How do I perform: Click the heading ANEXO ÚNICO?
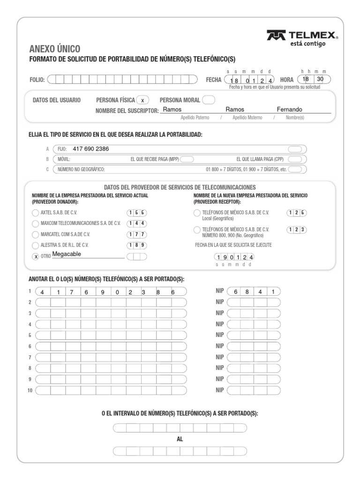(x=54, y=49)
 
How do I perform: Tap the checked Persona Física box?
(x=142, y=100)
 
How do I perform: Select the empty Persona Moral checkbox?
(x=209, y=100)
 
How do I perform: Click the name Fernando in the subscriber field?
(x=289, y=109)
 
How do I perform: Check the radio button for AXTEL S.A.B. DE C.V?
(x=36, y=213)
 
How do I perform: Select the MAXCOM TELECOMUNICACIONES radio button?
(x=36, y=224)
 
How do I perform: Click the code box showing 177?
(x=137, y=234)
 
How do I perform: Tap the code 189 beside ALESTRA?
(x=137, y=245)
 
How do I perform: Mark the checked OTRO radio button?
(x=36, y=256)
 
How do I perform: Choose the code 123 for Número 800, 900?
(x=297, y=229)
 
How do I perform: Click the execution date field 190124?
(x=234, y=257)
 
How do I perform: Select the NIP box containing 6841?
(x=254, y=291)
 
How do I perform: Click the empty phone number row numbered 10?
(x=111, y=390)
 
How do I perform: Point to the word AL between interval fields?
(x=180, y=439)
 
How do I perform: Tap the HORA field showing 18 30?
(x=314, y=80)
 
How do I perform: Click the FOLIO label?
(x=37, y=80)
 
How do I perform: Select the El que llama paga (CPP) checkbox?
(x=295, y=159)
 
